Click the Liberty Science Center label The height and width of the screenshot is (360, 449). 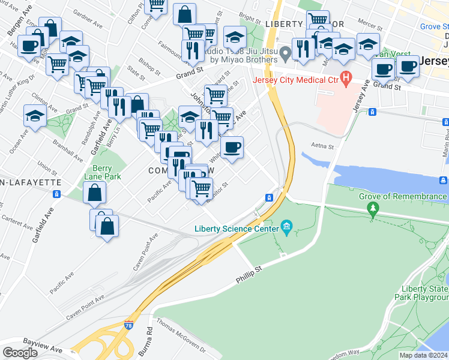[236, 228]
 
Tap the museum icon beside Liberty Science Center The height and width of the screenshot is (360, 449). [286, 227]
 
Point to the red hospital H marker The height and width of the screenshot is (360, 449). [346, 77]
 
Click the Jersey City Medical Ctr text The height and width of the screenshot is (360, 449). [296, 81]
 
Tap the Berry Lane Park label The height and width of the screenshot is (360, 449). [107, 172]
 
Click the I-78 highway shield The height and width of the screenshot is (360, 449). [129, 325]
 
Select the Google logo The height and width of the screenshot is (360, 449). [20, 353]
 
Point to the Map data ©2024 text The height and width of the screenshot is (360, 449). [424, 355]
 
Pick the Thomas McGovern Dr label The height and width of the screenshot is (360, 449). [181, 337]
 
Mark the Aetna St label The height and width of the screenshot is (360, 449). [322, 145]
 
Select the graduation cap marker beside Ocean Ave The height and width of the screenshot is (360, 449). [35, 115]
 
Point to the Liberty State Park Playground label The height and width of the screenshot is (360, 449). [421, 292]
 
